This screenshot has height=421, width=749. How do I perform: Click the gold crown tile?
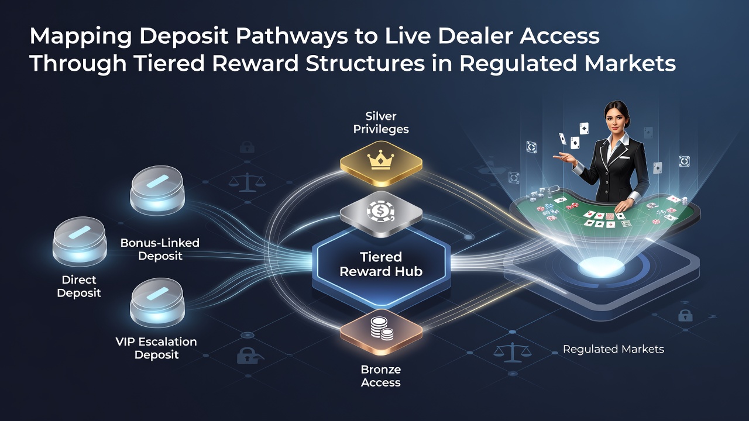381,163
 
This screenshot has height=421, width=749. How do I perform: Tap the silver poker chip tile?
381,213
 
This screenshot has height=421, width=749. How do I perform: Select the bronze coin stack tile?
381,331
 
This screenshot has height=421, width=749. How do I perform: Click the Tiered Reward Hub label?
381,264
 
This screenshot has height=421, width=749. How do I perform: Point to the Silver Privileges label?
381,123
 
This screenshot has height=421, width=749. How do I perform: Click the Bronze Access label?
380,376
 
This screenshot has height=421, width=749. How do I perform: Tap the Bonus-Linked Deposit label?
160,249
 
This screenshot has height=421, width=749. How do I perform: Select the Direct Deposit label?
79,286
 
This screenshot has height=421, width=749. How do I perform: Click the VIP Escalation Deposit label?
156,348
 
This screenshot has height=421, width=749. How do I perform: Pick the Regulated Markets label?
613,349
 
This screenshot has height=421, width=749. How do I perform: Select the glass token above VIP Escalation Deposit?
157,303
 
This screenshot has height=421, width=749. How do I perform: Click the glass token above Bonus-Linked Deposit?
157,191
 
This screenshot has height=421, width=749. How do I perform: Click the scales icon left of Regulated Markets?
512,352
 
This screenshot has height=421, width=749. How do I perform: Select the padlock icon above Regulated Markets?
685,315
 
